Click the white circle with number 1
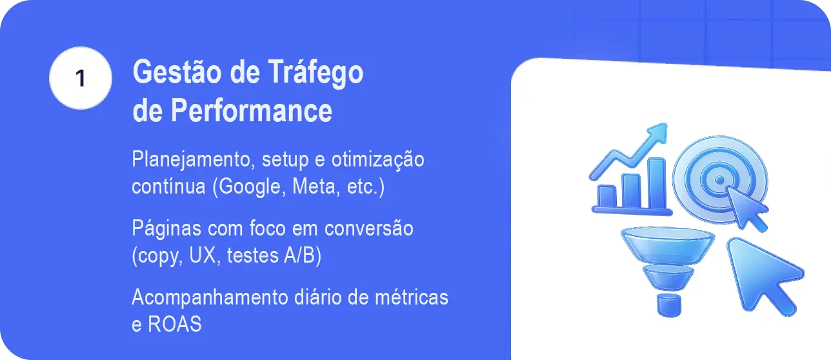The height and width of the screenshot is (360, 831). tap(81, 78)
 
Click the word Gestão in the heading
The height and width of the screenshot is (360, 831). tap(177, 72)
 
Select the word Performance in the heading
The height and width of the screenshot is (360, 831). tap(251, 110)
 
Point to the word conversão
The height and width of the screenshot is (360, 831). tap(369, 228)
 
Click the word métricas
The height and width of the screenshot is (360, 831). tap(412, 297)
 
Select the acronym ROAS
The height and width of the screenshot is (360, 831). tap(175, 324)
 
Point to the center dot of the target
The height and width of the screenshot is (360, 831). tap(720, 181)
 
